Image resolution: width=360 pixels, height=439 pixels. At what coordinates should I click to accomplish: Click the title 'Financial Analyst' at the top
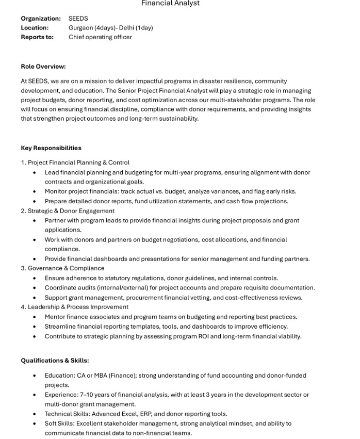pyautogui.click(x=170, y=4)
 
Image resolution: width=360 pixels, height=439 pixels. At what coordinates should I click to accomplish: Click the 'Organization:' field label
pyautogui.click(x=41, y=19)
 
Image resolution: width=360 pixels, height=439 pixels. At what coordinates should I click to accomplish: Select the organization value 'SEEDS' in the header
pyautogui.click(x=78, y=19)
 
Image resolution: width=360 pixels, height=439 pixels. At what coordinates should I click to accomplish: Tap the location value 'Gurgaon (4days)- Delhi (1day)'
pyautogui.click(x=110, y=28)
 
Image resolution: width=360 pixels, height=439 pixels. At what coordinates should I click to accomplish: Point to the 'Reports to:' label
pyautogui.click(x=37, y=37)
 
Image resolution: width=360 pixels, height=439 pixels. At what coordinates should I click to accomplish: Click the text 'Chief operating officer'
pyautogui.click(x=100, y=37)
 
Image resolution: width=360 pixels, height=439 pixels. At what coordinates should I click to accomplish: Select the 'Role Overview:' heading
pyautogui.click(x=43, y=67)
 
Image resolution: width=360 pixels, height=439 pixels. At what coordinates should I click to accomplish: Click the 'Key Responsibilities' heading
pyautogui.click(x=51, y=148)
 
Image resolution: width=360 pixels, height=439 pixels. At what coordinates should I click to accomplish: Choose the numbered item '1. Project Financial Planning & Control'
pyautogui.click(x=75, y=162)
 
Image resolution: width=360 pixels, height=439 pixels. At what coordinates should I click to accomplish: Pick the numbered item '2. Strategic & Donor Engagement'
pyautogui.click(x=68, y=211)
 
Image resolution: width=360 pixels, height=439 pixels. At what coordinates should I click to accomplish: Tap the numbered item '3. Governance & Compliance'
pyautogui.click(x=62, y=268)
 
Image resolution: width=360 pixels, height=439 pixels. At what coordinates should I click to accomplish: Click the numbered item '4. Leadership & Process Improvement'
pyautogui.click(x=75, y=307)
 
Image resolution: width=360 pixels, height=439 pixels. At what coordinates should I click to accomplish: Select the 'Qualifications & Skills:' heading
pyautogui.click(x=55, y=361)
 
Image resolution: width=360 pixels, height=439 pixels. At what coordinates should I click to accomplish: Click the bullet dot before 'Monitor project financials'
pyautogui.click(x=35, y=191)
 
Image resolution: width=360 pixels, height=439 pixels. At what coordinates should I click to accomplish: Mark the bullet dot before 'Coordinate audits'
pyautogui.click(x=35, y=288)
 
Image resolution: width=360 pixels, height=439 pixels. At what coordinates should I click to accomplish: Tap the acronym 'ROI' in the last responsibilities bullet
pyautogui.click(x=215, y=336)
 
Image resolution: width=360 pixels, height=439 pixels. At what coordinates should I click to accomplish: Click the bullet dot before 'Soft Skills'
pyautogui.click(x=35, y=424)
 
